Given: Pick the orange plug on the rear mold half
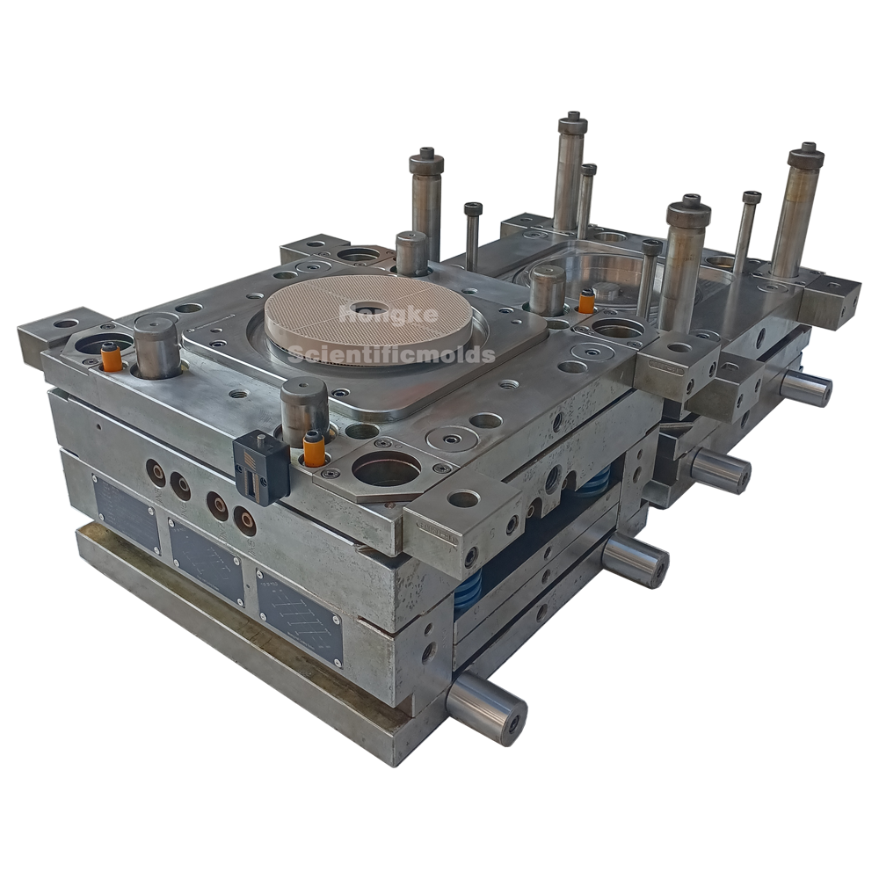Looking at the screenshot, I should point(585,303).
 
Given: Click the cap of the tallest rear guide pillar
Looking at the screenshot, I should point(572,123).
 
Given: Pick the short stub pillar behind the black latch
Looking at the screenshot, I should point(304,404).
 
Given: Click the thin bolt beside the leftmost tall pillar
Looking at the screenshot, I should point(473,236).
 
